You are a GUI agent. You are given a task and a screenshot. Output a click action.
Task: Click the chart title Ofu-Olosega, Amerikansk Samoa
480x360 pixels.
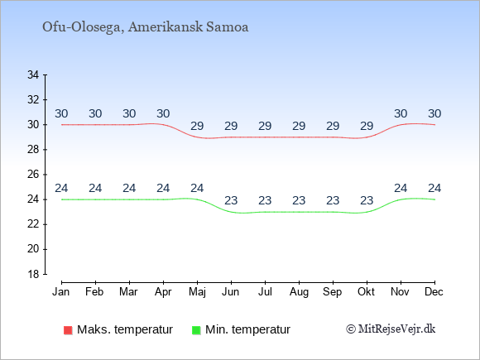click(x=145, y=27)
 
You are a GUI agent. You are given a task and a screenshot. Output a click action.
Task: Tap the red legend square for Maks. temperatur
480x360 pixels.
click(x=68, y=330)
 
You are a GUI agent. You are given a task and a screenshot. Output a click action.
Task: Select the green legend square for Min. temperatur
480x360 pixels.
click(x=196, y=330)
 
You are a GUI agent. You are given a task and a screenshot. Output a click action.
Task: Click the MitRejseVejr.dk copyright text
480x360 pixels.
click(x=391, y=329)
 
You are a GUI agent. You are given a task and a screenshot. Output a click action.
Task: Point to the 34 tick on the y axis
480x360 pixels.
click(x=33, y=74)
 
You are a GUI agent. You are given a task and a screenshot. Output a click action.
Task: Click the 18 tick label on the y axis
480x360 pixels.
click(x=33, y=274)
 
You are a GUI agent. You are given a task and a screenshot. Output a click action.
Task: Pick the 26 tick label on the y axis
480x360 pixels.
click(x=33, y=175)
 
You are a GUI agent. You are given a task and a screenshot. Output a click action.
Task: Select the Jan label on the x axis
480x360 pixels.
click(x=61, y=292)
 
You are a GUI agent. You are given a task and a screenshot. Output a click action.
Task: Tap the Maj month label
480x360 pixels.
click(x=197, y=292)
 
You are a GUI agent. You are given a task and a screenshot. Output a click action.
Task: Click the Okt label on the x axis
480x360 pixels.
click(x=367, y=292)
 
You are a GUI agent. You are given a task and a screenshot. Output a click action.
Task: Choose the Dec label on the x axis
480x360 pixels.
click(x=434, y=292)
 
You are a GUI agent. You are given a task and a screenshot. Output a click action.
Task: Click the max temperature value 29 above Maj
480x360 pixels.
click(x=197, y=126)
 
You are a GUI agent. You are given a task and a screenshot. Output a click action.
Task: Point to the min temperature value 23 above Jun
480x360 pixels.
click(x=231, y=201)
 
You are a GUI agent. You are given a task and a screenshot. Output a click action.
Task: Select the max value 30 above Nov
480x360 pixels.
click(x=401, y=114)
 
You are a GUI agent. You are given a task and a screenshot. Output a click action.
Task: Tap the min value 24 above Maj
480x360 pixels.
click(x=197, y=188)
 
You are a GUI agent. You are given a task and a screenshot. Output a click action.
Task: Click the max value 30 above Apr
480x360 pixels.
click(x=163, y=114)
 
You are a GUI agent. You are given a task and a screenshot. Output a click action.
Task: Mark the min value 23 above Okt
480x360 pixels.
click(x=367, y=201)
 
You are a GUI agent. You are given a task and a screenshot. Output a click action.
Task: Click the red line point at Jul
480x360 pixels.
click(x=265, y=137)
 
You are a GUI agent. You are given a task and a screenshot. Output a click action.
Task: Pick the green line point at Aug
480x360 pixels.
click(x=299, y=212)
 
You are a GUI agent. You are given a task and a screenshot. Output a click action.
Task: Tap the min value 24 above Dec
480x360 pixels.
click(x=434, y=188)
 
